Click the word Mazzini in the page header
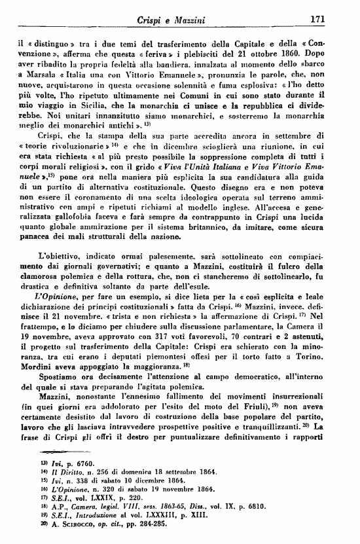coord(188,21)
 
